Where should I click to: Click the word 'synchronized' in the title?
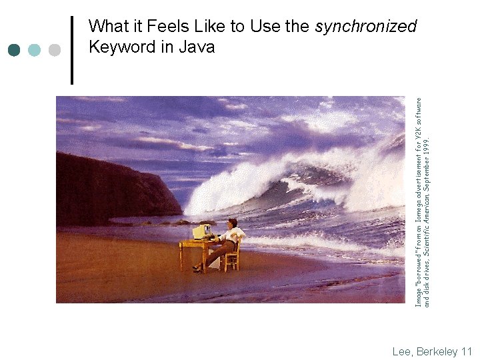click(x=365, y=27)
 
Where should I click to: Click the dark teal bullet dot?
click(x=14, y=50)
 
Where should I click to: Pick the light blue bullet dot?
click(x=34, y=50)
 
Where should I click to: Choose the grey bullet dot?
click(x=55, y=50)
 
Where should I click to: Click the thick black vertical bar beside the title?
click(x=72, y=49)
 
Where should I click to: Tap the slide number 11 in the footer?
click(x=466, y=351)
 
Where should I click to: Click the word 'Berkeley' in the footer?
click(x=436, y=351)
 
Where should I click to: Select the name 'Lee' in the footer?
click(x=401, y=351)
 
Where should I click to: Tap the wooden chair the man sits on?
click(x=233, y=257)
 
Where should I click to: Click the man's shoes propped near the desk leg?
click(x=197, y=268)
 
